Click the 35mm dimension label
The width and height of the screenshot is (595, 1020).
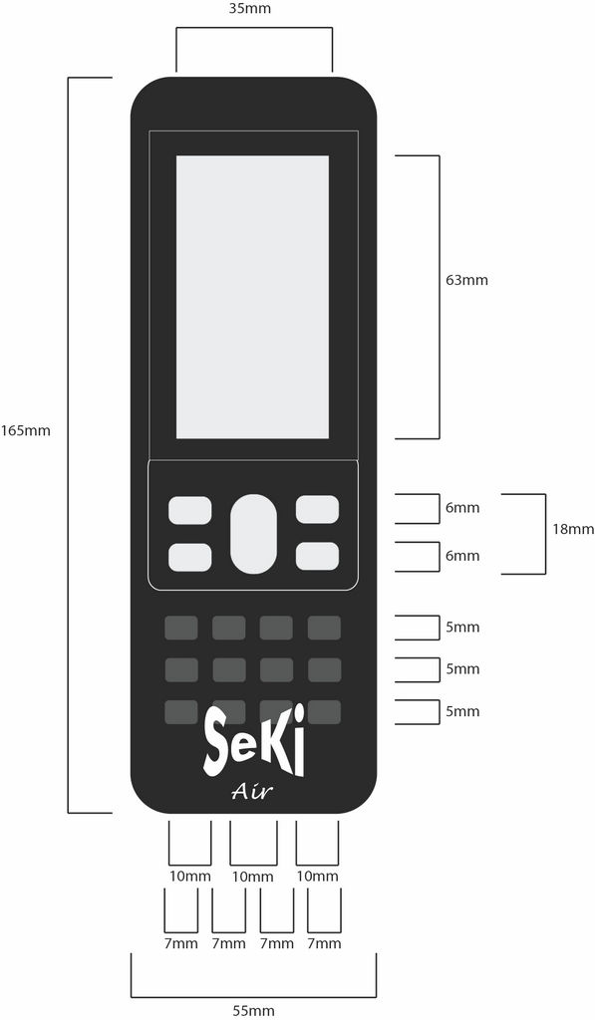pyautogui.click(x=250, y=8)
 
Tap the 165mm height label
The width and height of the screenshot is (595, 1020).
pyautogui.click(x=25, y=430)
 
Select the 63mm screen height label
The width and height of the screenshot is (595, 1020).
pyautogui.click(x=466, y=280)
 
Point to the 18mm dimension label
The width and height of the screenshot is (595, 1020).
pyautogui.click(x=573, y=529)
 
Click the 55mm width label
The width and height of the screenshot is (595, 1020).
pyautogui.click(x=254, y=1010)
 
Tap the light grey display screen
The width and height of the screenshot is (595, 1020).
pyautogui.click(x=252, y=297)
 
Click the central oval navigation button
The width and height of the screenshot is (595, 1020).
pyautogui.click(x=253, y=534)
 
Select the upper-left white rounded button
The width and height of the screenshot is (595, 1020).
pyautogui.click(x=190, y=511)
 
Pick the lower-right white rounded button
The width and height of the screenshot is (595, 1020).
pyautogui.click(x=317, y=556)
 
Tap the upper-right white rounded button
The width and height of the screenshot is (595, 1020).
pyautogui.click(x=317, y=509)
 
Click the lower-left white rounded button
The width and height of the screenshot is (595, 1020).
pyautogui.click(x=190, y=558)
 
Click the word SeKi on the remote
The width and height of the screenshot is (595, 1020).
pyautogui.click(x=254, y=743)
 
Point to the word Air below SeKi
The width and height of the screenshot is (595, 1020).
pyautogui.click(x=252, y=791)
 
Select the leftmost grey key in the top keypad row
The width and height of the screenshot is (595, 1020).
pyautogui.click(x=181, y=628)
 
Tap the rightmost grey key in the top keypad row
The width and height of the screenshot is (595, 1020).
pyautogui.click(x=324, y=628)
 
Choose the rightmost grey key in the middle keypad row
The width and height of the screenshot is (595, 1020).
pyautogui.click(x=324, y=670)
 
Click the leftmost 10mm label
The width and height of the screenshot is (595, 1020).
pyautogui.click(x=190, y=877)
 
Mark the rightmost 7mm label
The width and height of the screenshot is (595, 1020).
pyautogui.click(x=324, y=943)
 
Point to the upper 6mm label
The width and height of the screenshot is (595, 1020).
pyautogui.click(x=462, y=507)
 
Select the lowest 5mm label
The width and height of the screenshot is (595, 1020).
pyautogui.click(x=462, y=711)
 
